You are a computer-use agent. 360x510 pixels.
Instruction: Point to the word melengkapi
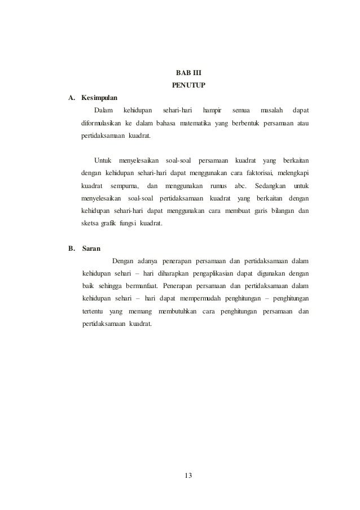(x=296, y=172)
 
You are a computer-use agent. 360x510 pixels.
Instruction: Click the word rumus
(x=217, y=185)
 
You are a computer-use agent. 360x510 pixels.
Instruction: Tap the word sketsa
(x=91, y=224)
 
